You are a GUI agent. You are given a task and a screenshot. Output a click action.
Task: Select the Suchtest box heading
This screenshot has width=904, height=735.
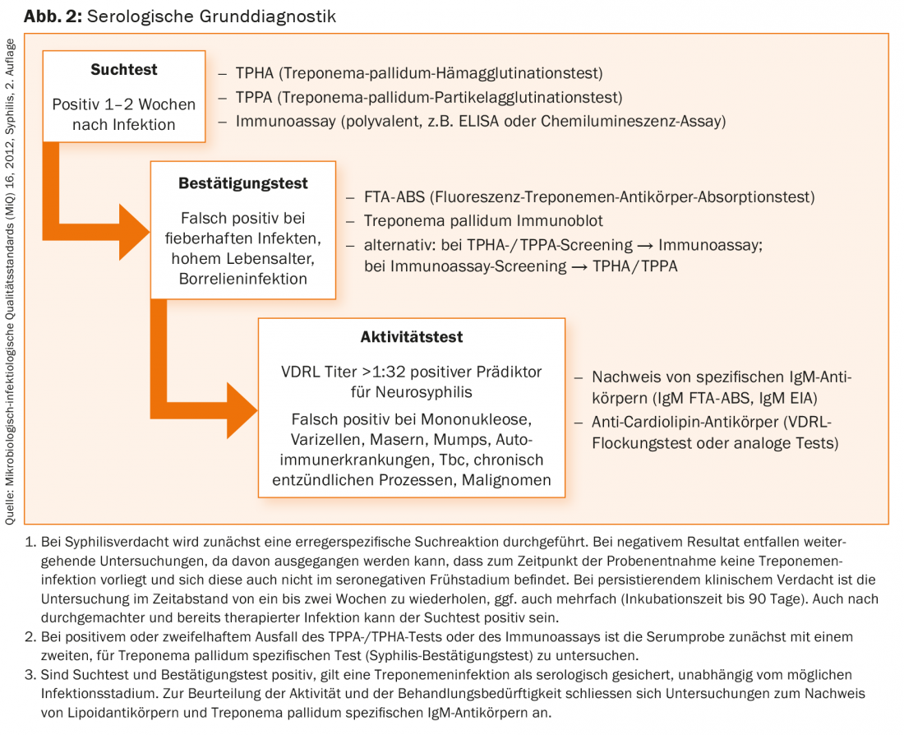pyautogui.click(x=124, y=70)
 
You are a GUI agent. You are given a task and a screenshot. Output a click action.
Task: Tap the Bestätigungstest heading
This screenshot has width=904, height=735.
pyautogui.click(x=243, y=183)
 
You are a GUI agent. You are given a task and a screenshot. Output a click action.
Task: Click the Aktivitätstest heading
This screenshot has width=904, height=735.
pyautogui.click(x=411, y=337)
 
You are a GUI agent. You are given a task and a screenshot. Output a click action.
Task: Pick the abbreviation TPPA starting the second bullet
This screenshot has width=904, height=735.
pyautogui.click(x=255, y=98)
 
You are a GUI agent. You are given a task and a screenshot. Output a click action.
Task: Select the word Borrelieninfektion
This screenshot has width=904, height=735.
pyautogui.click(x=243, y=279)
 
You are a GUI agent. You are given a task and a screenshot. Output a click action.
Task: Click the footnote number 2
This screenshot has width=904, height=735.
pyautogui.click(x=30, y=637)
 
